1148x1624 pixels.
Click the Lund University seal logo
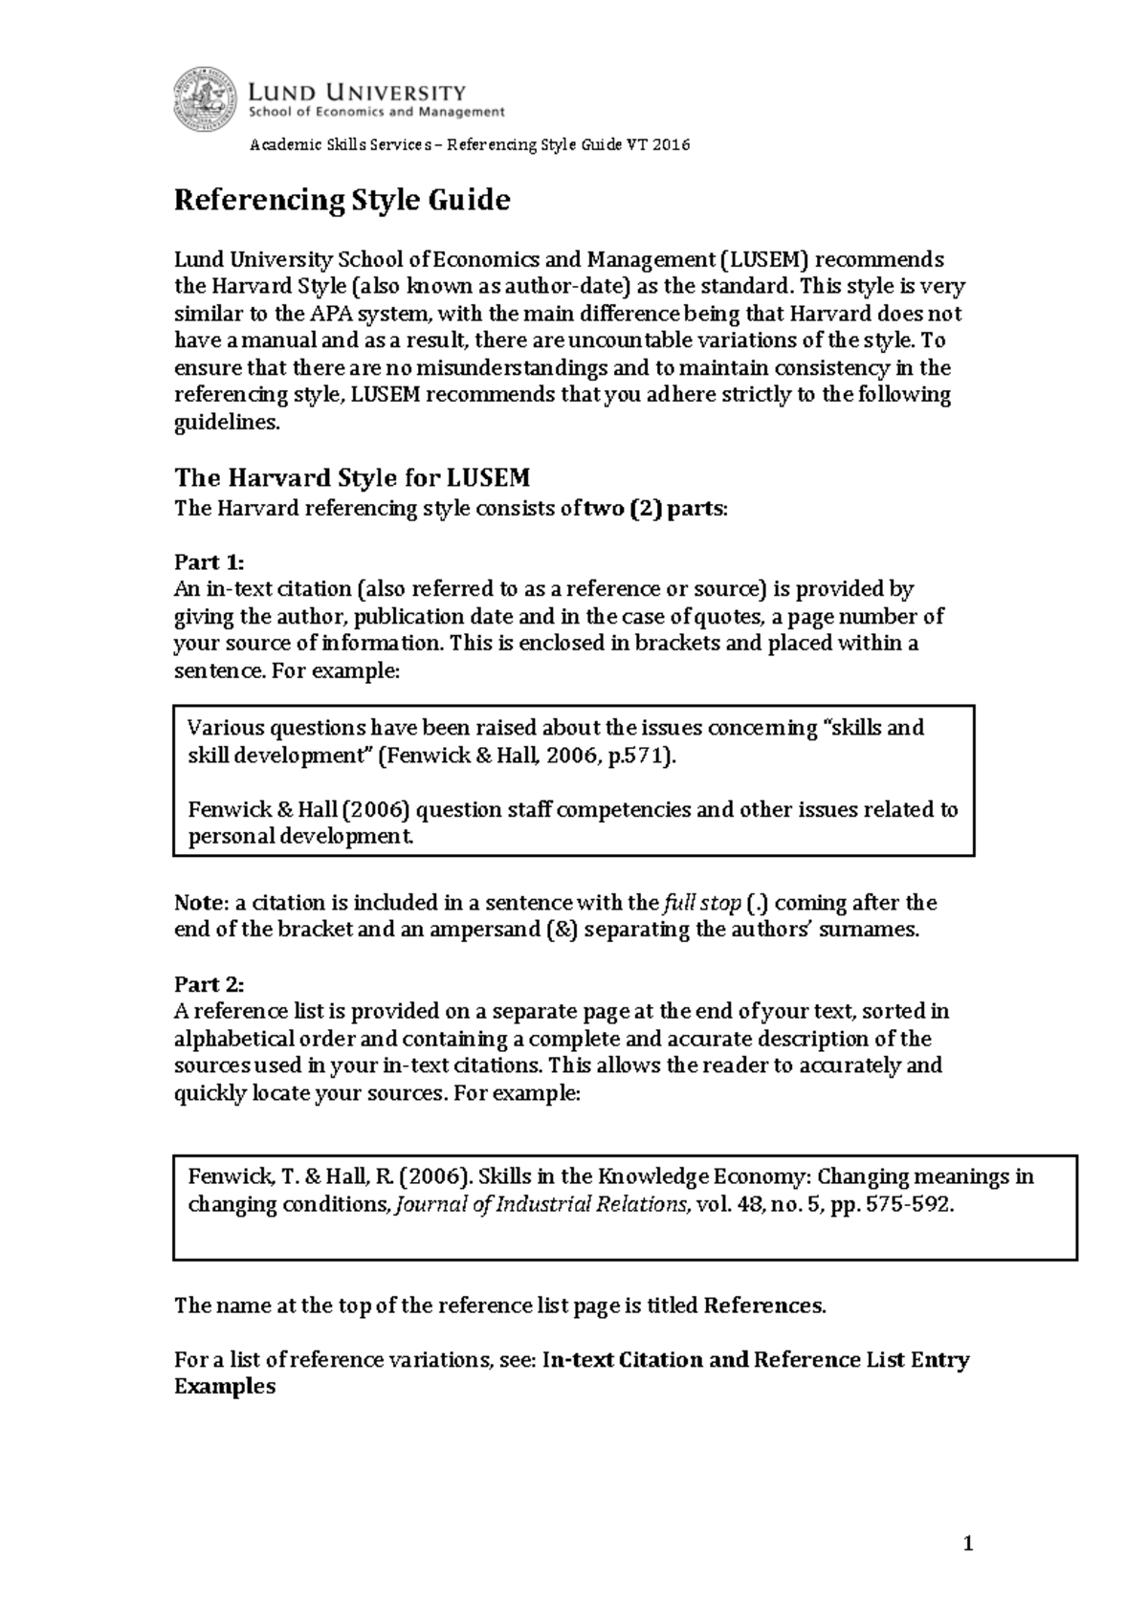205,99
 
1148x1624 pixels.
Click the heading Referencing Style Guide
342,201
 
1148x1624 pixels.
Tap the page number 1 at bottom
968,1544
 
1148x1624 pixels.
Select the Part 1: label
210,561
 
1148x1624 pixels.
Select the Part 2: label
210,984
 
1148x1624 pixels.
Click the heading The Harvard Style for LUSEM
352,477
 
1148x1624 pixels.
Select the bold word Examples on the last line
225,1387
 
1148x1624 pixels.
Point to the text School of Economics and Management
376,112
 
